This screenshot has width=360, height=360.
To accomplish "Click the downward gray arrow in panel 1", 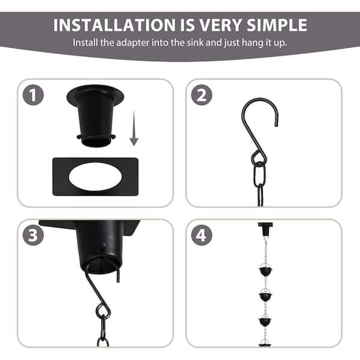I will click(134, 132).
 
